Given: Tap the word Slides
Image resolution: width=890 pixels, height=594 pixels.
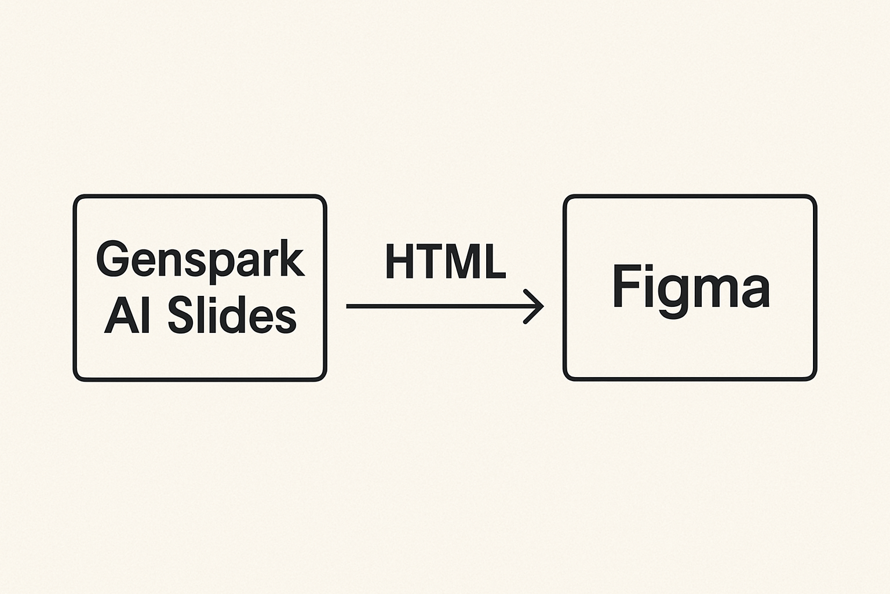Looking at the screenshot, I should [232, 316].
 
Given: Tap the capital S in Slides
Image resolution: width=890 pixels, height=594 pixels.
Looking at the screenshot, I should [180, 316].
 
